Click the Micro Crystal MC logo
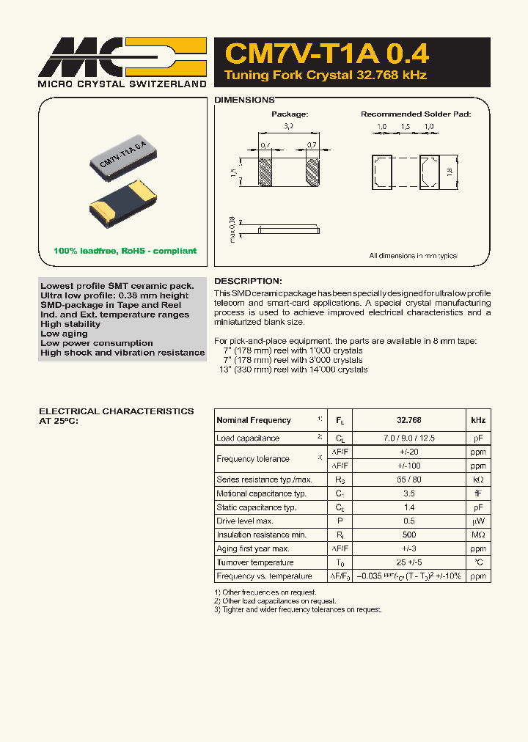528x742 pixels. [122, 57]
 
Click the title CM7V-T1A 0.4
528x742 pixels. [326, 54]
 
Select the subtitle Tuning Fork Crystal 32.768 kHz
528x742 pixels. [325, 76]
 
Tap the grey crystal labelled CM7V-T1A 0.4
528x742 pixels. [124, 158]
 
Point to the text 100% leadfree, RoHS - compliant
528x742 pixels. [125, 251]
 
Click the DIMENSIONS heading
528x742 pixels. [244, 99]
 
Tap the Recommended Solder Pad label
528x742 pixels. [415, 114]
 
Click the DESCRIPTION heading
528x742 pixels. [247, 281]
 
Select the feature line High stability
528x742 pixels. [70, 324]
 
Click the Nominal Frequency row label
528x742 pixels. [254, 420]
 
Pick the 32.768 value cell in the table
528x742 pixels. [408, 420]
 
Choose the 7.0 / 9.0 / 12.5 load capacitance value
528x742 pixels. [408, 438]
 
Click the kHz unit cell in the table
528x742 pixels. [477, 420]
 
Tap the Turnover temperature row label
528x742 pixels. [254, 562]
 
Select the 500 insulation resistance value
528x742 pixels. [408, 535]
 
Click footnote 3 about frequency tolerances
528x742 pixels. [298, 609]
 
